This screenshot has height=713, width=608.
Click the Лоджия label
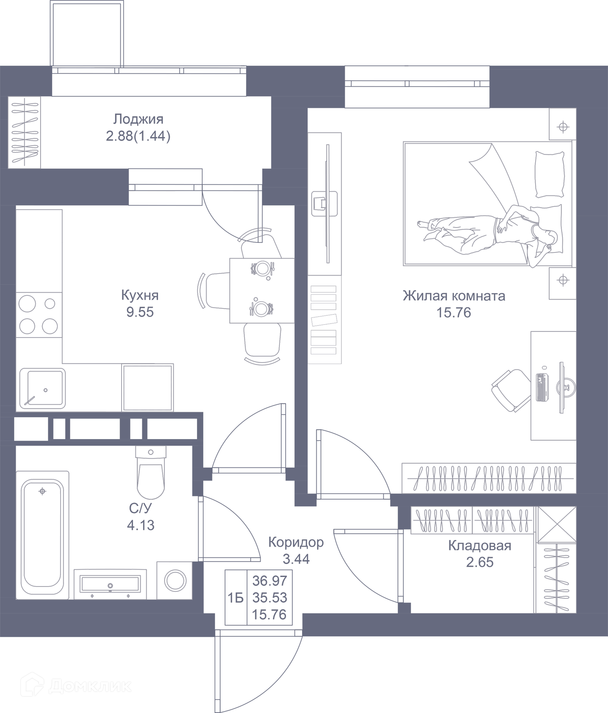click(x=138, y=119)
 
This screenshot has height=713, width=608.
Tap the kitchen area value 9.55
click(x=140, y=312)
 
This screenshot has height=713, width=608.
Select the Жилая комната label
click(x=454, y=295)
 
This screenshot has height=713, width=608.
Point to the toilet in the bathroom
click(x=151, y=472)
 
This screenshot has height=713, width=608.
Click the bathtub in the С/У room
click(x=43, y=535)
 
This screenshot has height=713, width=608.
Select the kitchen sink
click(x=42, y=388)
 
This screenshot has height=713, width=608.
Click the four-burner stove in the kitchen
click(x=39, y=315)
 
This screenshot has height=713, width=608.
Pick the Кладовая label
click(x=479, y=545)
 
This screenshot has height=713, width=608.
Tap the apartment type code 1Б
click(x=236, y=598)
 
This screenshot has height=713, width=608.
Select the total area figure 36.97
click(x=269, y=581)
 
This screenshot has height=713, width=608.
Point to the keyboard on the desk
click(x=542, y=387)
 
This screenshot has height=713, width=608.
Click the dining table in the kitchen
click(x=262, y=290)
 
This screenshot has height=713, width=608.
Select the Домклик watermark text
click(x=90, y=686)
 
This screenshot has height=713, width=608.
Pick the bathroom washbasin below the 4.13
click(x=110, y=584)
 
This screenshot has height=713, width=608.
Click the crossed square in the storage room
click(x=556, y=524)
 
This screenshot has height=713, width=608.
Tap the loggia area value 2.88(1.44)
click(x=138, y=136)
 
